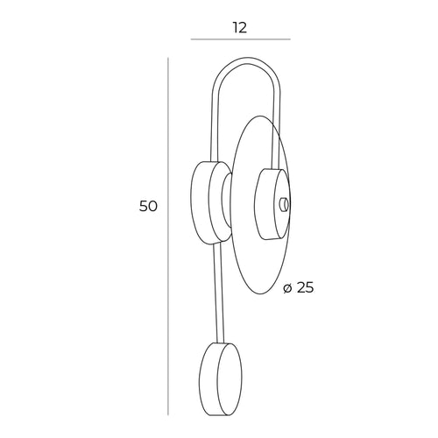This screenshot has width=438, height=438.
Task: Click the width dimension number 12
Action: click(240, 27)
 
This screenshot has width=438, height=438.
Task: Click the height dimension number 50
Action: click(148, 207)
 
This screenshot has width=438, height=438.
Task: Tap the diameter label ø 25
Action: click(299, 288)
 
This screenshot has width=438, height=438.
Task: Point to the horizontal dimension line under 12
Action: click(241, 39)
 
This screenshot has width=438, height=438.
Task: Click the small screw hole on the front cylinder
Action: click(284, 204)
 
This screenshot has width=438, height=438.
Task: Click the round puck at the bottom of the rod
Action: click(221, 379)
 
